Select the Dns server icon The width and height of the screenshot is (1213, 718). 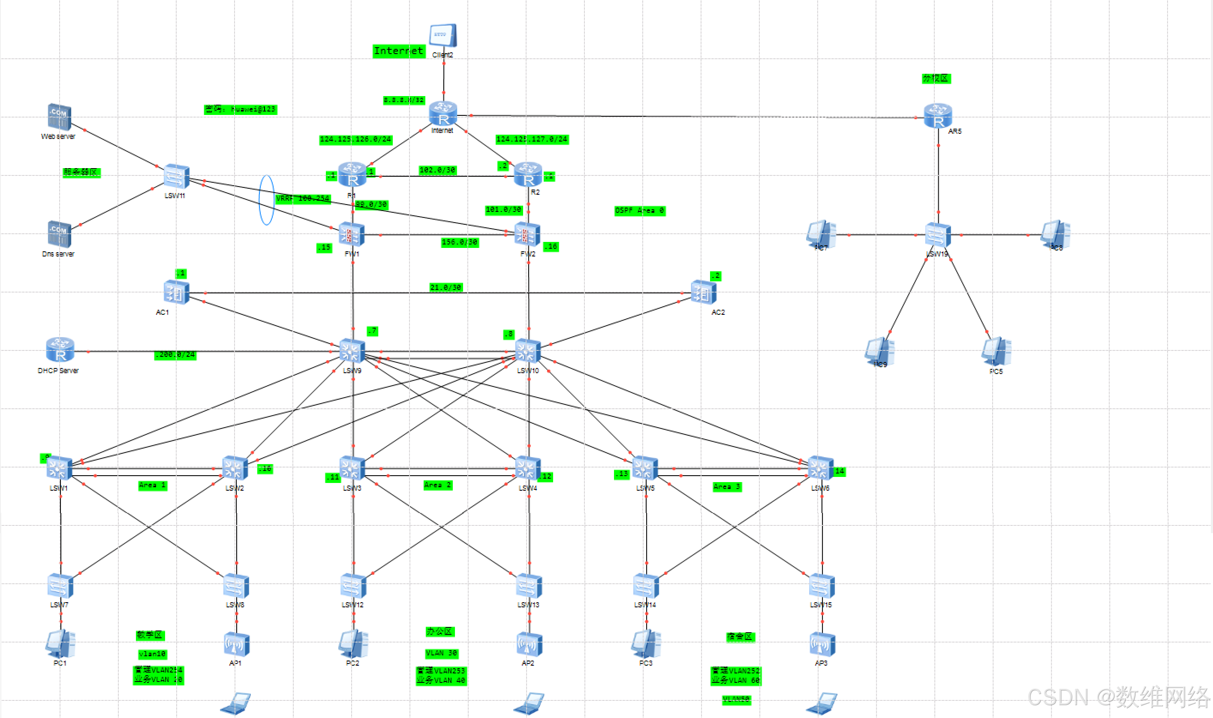pyautogui.click(x=59, y=234)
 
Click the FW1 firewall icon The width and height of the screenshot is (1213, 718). pyautogui.click(x=352, y=235)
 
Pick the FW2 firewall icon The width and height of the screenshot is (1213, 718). pyautogui.click(x=527, y=235)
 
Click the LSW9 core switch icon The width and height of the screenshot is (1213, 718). pyautogui.click(x=352, y=351)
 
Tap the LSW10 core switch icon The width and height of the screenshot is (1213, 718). pyautogui.click(x=527, y=351)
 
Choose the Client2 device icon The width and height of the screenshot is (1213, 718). pyautogui.click(x=442, y=35)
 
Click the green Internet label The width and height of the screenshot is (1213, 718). pyautogui.click(x=398, y=51)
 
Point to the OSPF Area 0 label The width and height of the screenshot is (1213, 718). pyautogui.click(x=639, y=211)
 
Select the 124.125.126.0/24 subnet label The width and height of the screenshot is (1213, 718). pyautogui.click(x=355, y=140)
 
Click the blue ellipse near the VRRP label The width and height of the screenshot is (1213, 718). pyautogui.click(x=267, y=200)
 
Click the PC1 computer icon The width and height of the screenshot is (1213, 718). pyautogui.click(x=60, y=643)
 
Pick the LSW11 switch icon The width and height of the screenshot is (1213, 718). pyautogui.click(x=176, y=176)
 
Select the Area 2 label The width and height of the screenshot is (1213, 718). pyautogui.click(x=438, y=485)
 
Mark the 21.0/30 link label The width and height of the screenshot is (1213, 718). pyautogui.click(x=446, y=287)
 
